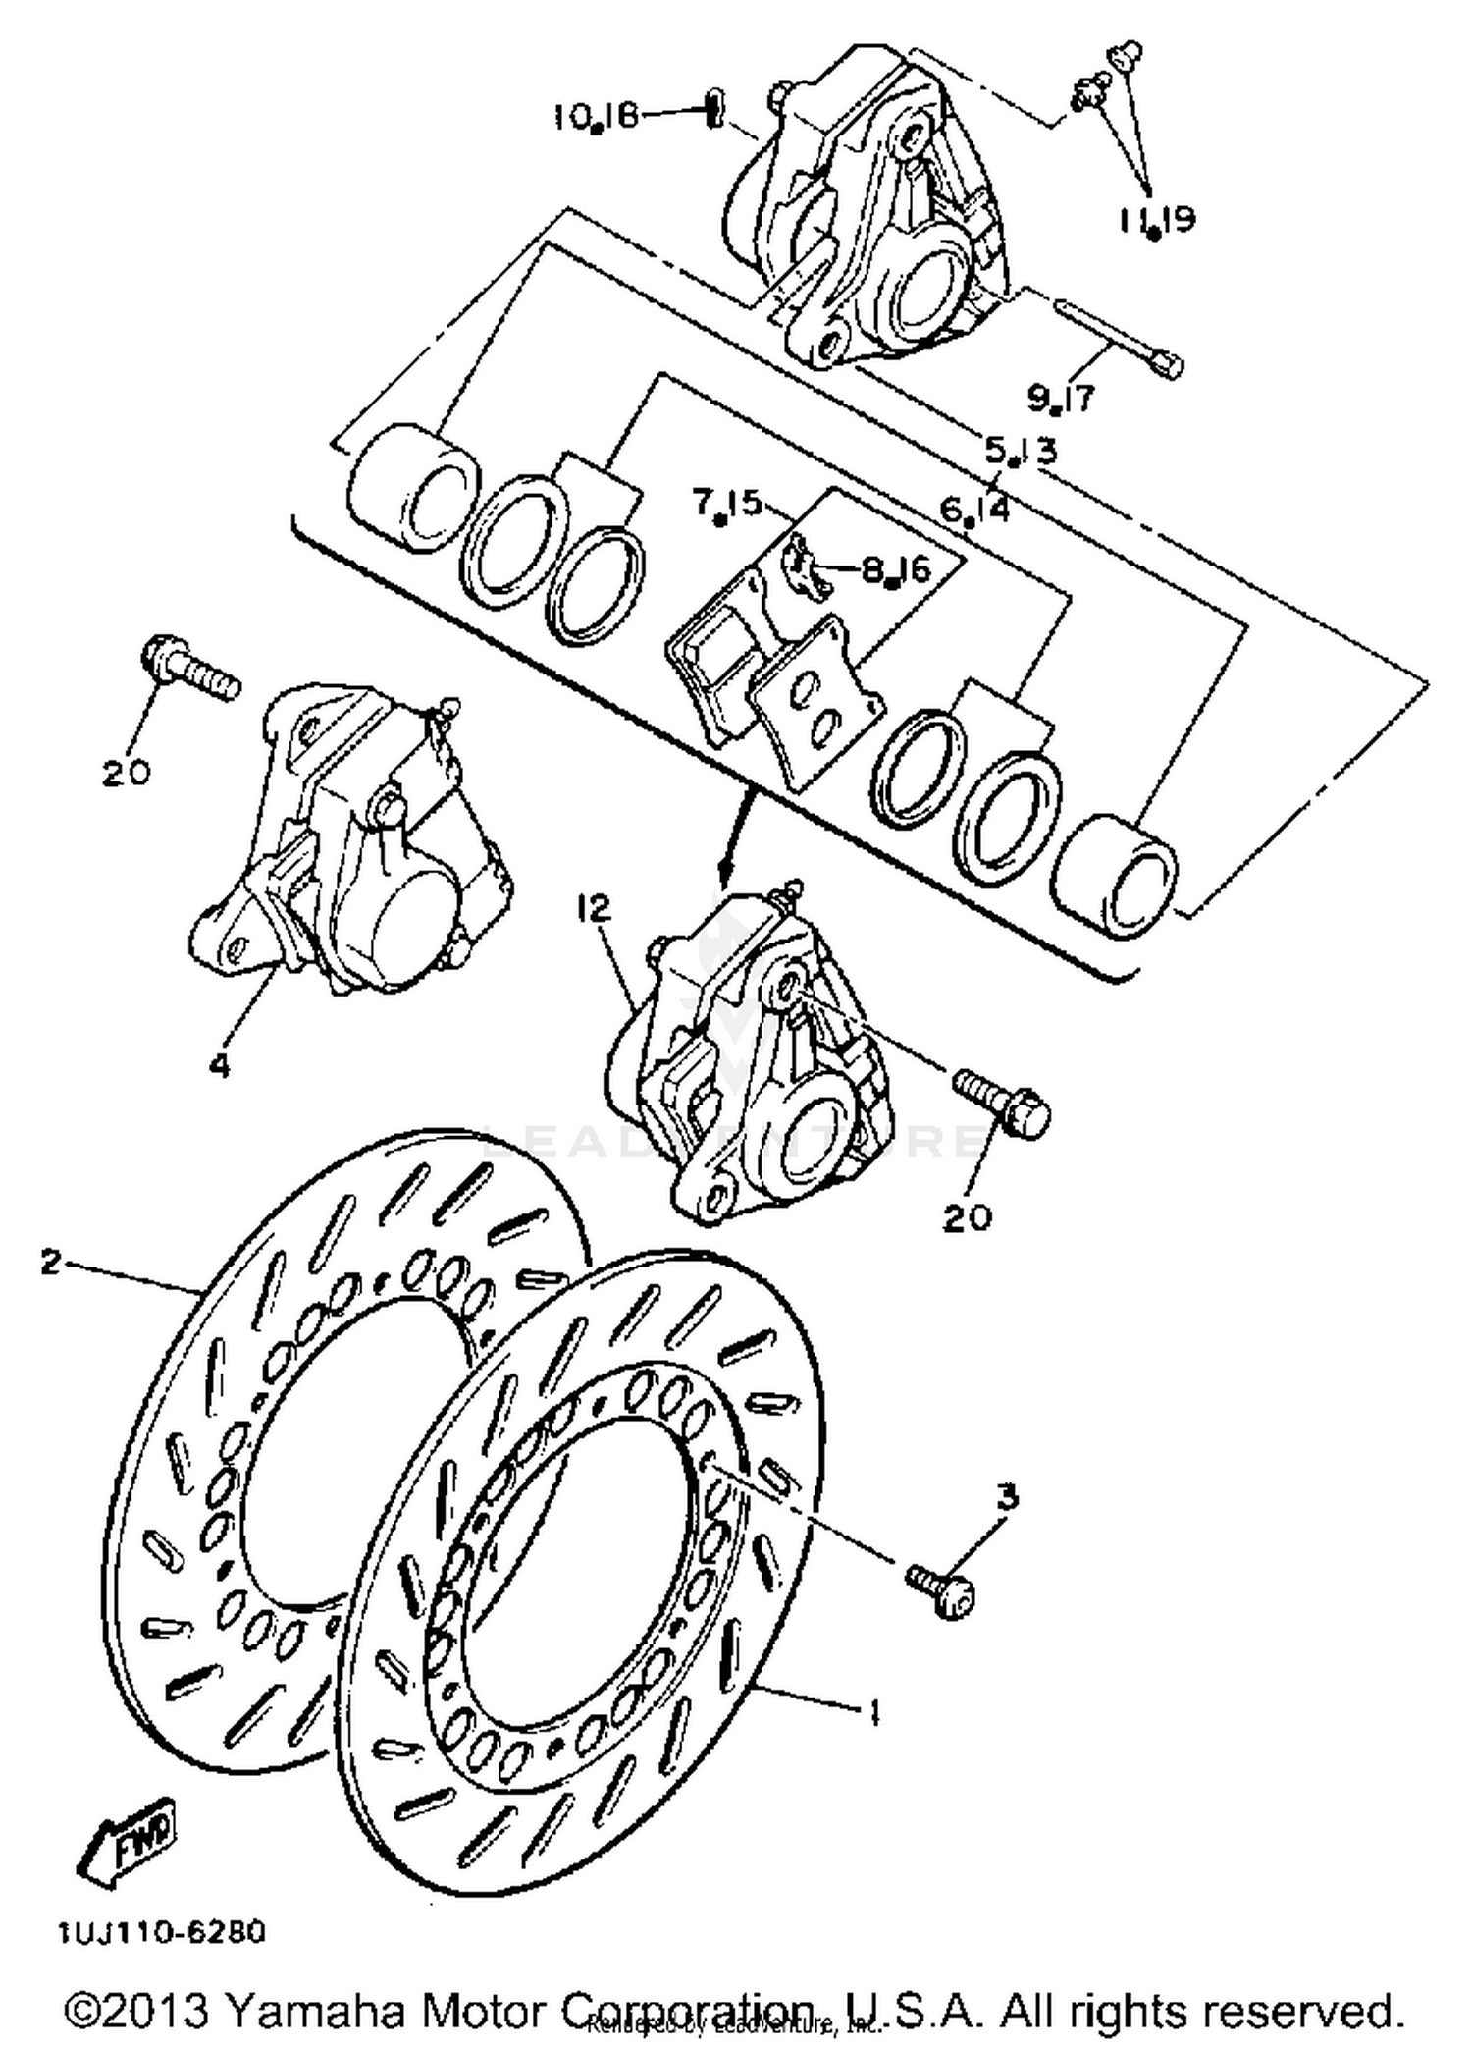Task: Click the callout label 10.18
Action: click(596, 118)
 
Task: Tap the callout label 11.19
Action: click(1156, 218)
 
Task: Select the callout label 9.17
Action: click(1061, 398)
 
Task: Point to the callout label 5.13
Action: click(1021, 451)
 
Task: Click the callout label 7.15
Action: click(726, 504)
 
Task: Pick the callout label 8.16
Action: click(895, 569)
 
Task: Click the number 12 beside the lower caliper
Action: click(595, 908)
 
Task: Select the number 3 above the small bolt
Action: click(1007, 1497)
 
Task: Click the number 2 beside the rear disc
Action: click(51, 1262)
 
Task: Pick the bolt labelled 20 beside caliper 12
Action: click(1001, 1102)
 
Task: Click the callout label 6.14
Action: click(973, 509)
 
